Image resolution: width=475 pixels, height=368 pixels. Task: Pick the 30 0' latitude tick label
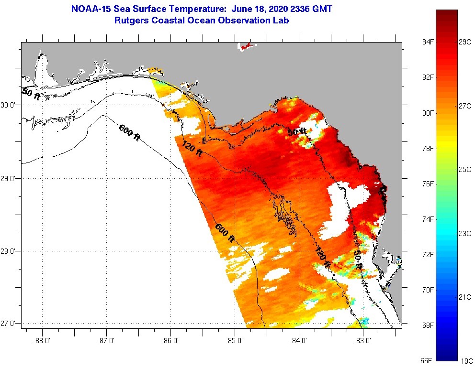9,105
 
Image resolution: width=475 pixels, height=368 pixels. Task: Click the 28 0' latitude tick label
9,251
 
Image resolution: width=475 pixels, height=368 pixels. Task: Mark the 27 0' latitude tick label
9,324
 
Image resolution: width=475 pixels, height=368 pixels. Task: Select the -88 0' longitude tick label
42,341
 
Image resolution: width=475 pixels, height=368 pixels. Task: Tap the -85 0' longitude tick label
235,341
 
